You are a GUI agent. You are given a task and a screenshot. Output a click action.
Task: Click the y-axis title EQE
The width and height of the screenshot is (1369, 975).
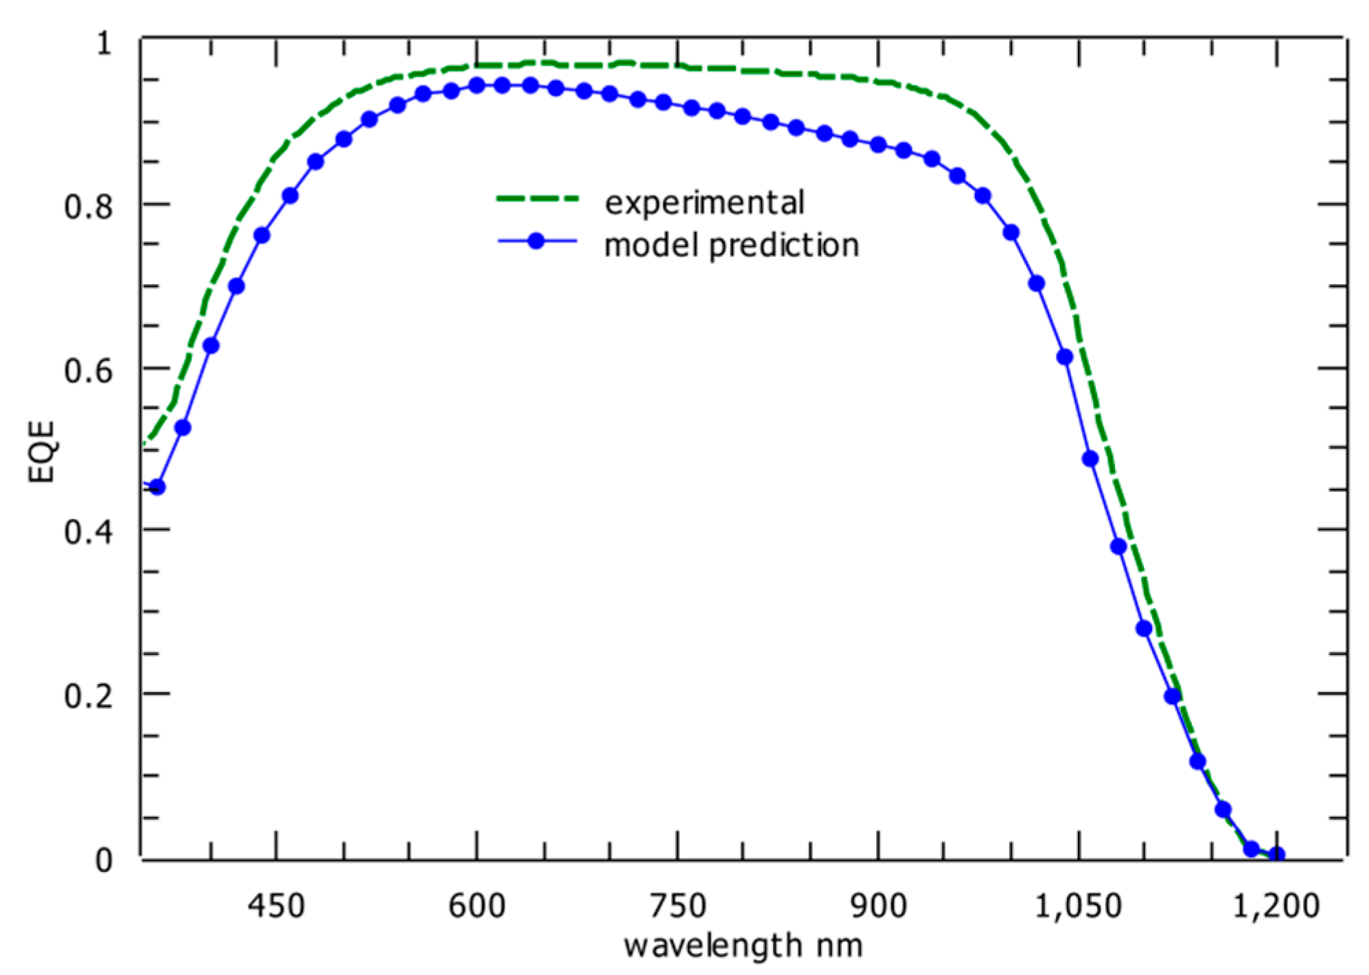[x=41, y=452]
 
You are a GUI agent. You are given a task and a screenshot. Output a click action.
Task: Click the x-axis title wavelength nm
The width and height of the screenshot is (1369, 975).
[x=743, y=946]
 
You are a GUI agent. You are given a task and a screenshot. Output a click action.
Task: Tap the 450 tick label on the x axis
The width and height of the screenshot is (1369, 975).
[x=276, y=906]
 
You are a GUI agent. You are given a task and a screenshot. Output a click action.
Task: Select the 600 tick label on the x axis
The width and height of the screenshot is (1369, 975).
[x=476, y=906]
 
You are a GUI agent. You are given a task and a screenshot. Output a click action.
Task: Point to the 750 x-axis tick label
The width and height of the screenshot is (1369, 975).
[x=678, y=906]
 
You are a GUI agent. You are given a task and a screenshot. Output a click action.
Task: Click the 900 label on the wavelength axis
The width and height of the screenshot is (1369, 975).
[x=878, y=906]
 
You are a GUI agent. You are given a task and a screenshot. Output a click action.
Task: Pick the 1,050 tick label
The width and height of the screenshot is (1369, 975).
[x=1078, y=906]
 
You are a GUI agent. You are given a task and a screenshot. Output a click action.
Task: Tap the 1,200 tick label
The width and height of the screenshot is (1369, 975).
[x=1276, y=906]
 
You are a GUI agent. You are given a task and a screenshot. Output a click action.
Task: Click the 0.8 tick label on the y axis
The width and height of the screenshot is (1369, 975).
[x=89, y=205]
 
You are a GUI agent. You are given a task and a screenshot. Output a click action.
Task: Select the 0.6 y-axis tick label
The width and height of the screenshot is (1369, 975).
[x=89, y=370]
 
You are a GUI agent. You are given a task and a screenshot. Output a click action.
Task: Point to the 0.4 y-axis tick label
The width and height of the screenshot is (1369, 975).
[x=89, y=531]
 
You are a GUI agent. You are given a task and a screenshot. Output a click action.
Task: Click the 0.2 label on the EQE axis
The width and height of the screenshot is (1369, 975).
[x=89, y=696]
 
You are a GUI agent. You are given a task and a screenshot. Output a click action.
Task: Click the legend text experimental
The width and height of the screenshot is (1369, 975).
[x=704, y=203]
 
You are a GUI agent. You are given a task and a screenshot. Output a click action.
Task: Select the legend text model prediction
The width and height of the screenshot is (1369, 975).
[x=731, y=245]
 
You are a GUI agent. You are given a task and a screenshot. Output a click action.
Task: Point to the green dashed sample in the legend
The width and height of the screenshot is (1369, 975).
[x=538, y=199]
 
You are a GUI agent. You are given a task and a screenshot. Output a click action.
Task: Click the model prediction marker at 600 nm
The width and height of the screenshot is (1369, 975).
[x=476, y=85]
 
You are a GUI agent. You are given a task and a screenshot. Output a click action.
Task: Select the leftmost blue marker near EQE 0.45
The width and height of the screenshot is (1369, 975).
[x=157, y=487]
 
